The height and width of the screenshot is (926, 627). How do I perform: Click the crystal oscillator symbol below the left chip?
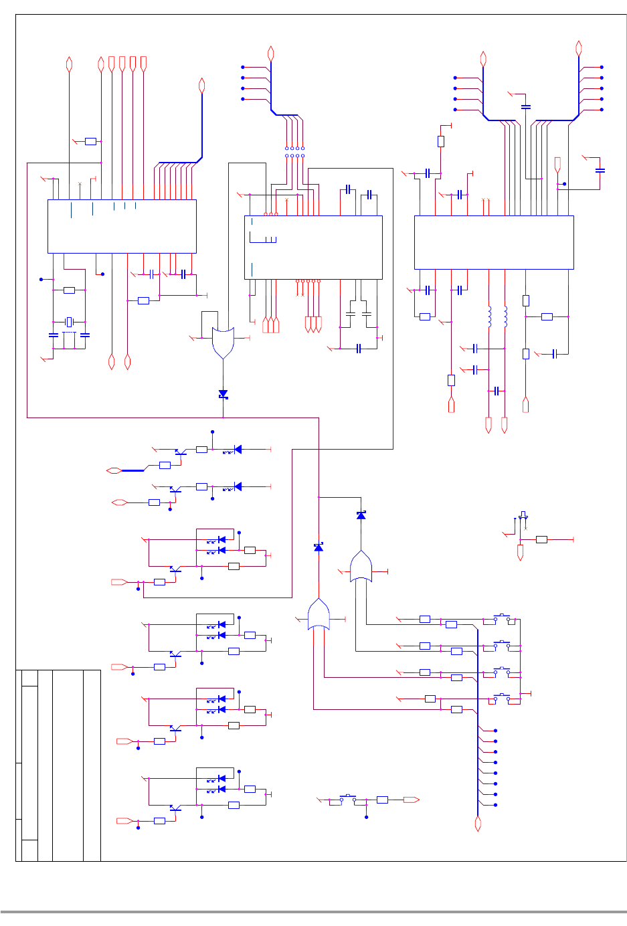(68, 322)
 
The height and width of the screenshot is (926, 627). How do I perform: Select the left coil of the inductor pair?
(489, 316)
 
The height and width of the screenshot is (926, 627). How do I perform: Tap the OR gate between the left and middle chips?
(223, 342)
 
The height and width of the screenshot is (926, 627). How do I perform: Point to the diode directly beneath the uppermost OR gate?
(223, 394)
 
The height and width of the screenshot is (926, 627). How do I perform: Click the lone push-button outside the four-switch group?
(349, 798)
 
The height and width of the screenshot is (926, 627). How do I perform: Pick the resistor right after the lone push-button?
(382, 800)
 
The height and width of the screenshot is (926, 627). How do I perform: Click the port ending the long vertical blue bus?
(478, 824)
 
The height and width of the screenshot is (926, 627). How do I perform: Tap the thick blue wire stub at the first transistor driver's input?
(133, 471)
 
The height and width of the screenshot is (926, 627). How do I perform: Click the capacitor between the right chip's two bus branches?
(526, 106)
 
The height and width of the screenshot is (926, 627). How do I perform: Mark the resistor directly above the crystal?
(69, 290)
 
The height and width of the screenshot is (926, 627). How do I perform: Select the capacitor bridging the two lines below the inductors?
(497, 391)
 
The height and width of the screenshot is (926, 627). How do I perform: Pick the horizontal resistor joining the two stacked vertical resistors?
(547, 316)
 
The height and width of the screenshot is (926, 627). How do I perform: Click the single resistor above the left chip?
(90, 141)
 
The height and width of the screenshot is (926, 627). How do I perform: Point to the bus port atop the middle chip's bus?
(271, 53)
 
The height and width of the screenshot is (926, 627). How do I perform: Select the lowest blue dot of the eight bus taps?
(495, 805)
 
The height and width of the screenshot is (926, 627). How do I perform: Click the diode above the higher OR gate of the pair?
(361, 515)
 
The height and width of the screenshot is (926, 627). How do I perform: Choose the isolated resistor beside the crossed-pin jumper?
(541, 539)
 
